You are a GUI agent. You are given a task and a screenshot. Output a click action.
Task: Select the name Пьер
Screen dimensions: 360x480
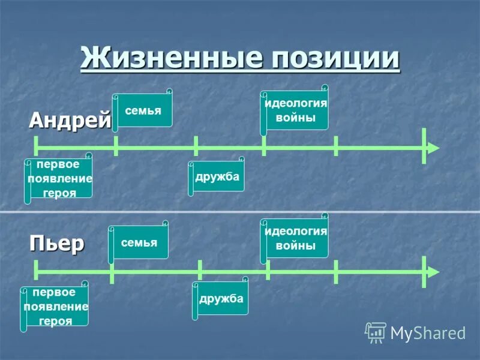(57, 244)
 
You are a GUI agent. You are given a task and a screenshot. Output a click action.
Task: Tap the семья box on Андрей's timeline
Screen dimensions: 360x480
(143, 110)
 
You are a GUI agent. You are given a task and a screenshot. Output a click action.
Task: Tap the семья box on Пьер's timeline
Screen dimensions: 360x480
(139, 242)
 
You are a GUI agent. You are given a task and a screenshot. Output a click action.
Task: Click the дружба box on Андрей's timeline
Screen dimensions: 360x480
(217, 176)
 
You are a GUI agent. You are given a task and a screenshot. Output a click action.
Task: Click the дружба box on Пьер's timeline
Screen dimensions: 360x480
(221, 298)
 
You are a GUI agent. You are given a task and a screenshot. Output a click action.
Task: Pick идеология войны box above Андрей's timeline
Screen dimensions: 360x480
(296, 110)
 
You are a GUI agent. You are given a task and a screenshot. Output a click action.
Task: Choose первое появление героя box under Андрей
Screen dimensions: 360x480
(59, 178)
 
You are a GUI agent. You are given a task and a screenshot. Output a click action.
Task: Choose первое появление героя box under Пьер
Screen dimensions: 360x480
(56, 306)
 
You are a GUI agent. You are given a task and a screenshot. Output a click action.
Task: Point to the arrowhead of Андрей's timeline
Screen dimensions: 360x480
(433, 148)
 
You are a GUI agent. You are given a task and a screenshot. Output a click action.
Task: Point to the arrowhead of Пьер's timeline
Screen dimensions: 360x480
(433, 272)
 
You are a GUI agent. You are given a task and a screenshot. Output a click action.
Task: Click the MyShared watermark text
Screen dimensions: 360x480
(428, 333)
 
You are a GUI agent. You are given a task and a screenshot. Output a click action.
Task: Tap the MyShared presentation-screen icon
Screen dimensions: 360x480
(376, 332)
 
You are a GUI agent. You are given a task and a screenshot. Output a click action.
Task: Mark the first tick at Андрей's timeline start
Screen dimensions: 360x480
(36, 146)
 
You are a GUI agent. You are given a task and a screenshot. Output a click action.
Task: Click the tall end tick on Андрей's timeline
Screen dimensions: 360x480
(424, 146)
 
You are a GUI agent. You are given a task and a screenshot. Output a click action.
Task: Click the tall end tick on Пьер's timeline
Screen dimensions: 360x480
(424, 272)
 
